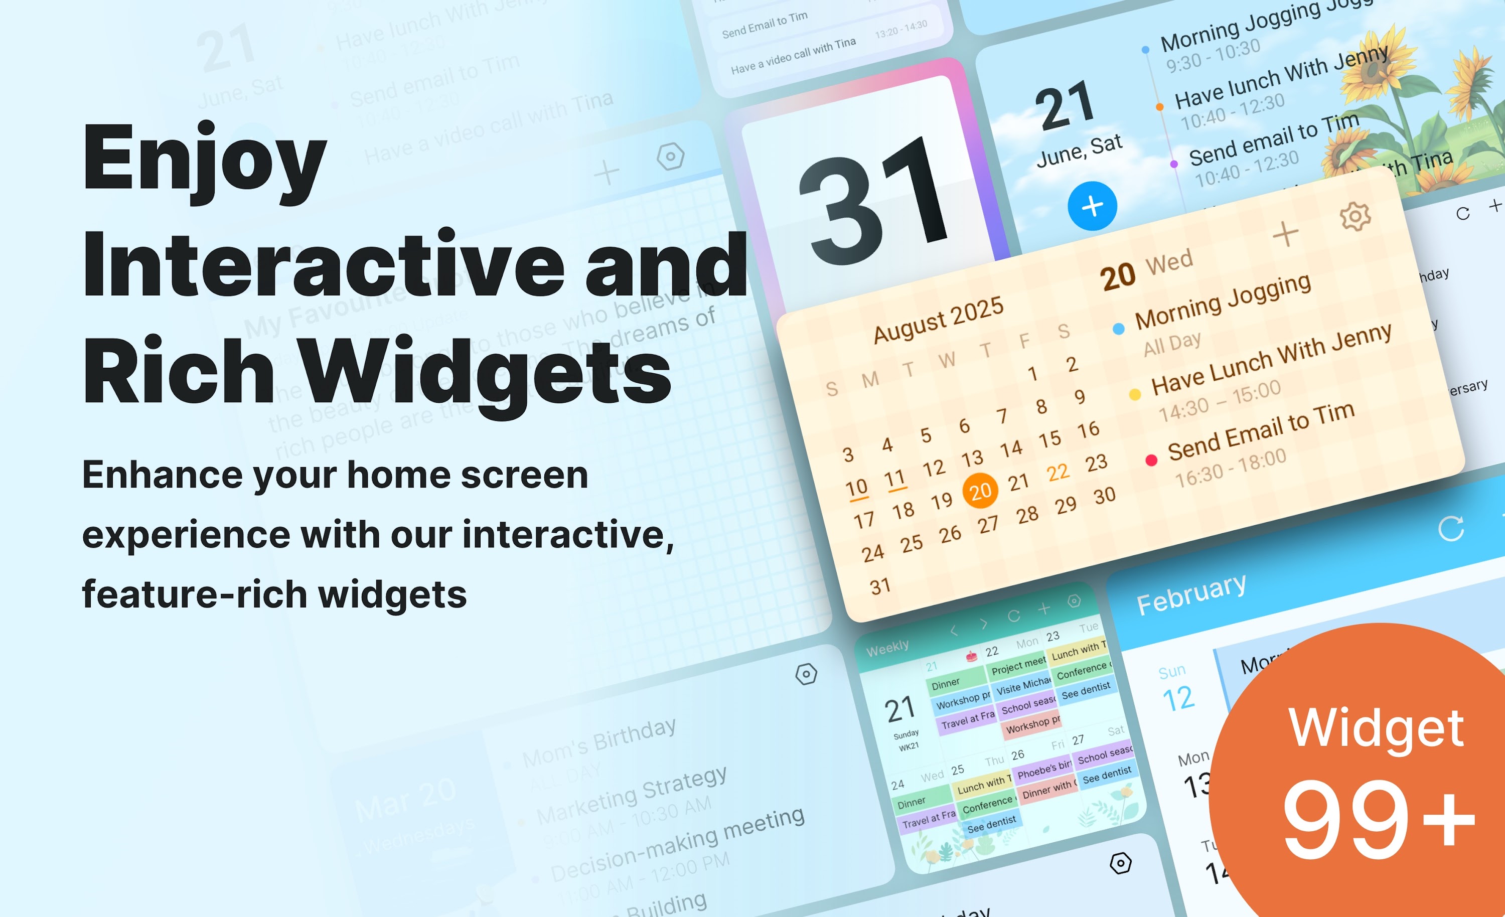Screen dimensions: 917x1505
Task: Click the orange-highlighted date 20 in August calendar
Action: pos(980,491)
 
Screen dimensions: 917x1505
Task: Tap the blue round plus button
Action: pos(1092,206)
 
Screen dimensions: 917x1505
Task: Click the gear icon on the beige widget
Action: pos(1354,216)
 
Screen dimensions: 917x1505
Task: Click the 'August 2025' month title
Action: pos(938,320)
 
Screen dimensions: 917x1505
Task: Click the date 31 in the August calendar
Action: pos(880,586)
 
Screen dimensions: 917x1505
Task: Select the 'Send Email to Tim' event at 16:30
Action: pos(1261,431)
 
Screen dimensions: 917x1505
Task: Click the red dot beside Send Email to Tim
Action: pos(1151,460)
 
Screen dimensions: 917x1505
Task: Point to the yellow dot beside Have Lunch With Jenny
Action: pos(1135,395)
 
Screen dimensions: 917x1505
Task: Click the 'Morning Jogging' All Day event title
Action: pos(1223,302)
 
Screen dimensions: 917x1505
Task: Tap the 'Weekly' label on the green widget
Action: pos(887,648)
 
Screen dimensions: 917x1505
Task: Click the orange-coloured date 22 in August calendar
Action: pos(1058,472)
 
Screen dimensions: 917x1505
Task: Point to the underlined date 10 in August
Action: pos(856,488)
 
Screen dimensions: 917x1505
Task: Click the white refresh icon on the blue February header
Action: pos(1451,528)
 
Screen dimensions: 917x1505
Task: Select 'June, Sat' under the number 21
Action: pos(1079,151)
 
